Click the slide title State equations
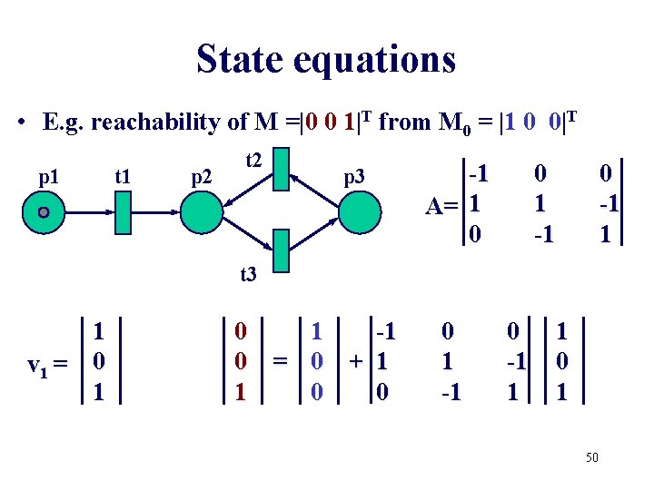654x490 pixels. pos(326,60)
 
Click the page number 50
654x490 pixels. pos(591,458)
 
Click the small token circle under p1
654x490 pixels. pos(43,213)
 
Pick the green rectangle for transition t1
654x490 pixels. pos(125,214)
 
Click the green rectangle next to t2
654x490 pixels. pos(282,166)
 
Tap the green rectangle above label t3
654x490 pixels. pos(282,251)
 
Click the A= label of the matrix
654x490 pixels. pos(447,207)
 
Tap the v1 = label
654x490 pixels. pos(48,366)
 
